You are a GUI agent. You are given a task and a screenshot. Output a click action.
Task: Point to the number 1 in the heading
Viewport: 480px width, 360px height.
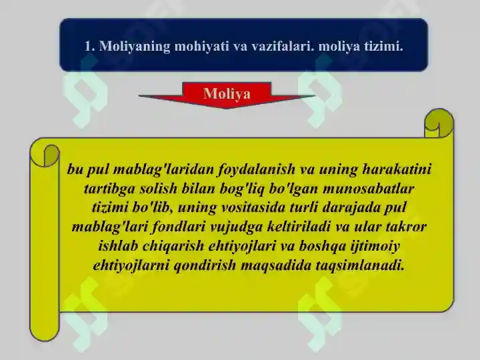pyautogui.click(x=89, y=46)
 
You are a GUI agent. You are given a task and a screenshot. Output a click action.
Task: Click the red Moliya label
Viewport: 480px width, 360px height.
pyautogui.click(x=227, y=94)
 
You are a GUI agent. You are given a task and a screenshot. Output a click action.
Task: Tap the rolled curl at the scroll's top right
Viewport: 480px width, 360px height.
pyautogui.click(x=439, y=123)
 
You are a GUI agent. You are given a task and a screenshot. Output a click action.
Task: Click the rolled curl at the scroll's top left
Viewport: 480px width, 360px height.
pyautogui.click(x=45, y=154)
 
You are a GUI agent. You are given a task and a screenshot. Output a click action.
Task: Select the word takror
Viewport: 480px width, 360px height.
pyautogui.click(x=405, y=227)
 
